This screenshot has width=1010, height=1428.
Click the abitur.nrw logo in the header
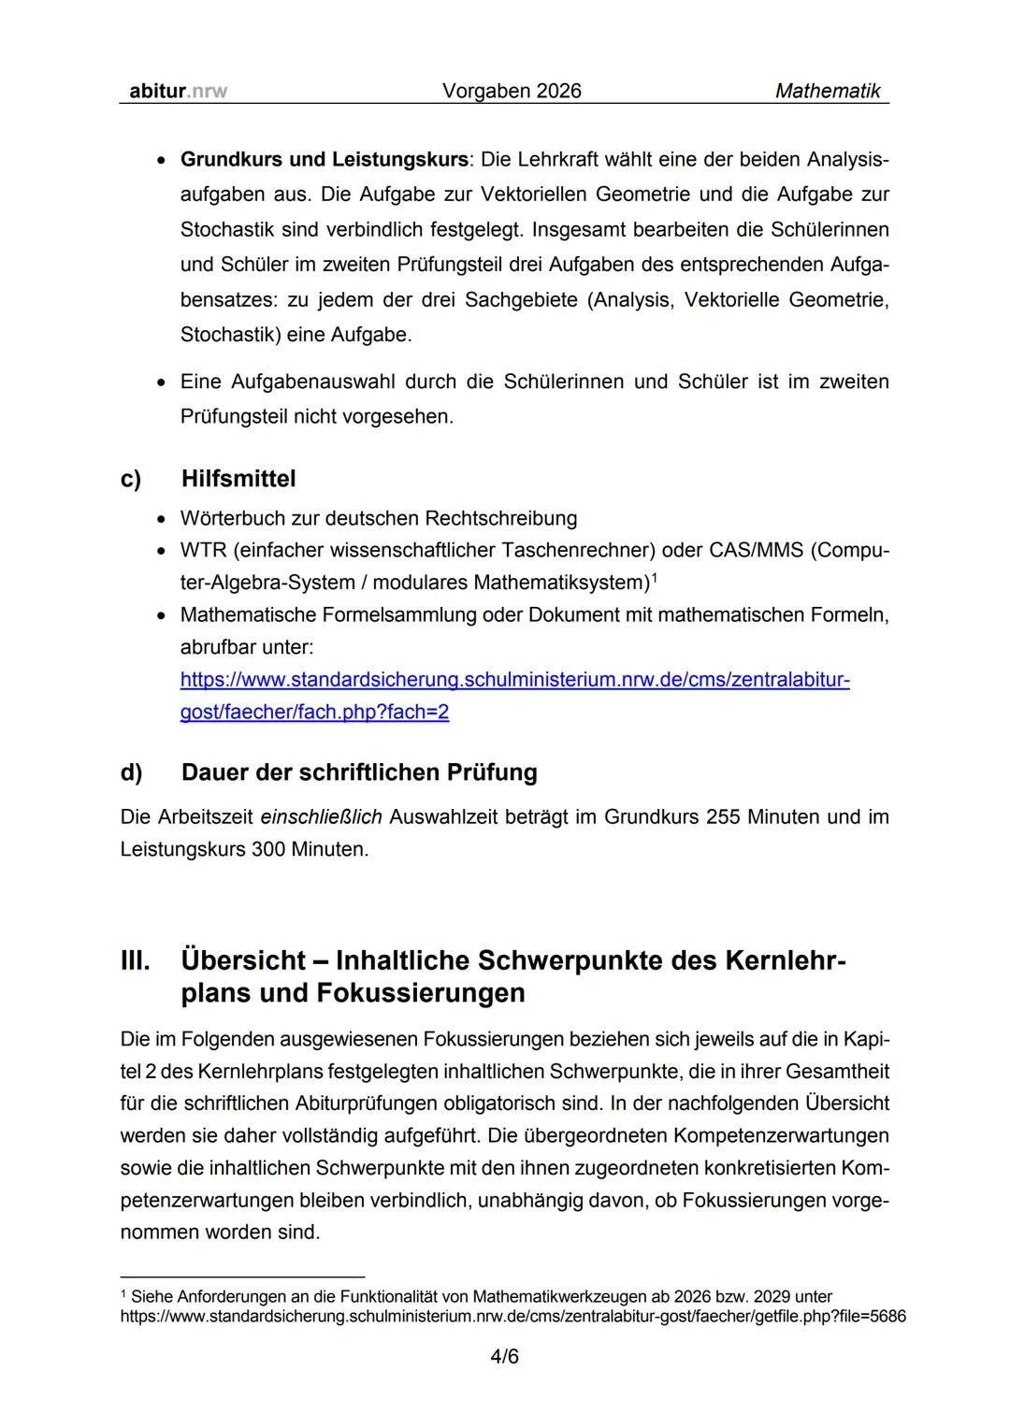174,91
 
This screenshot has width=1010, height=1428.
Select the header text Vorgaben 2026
511,91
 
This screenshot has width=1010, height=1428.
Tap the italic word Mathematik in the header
828,91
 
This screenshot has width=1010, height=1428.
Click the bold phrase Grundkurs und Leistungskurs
324,159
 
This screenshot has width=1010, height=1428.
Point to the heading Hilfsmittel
238,479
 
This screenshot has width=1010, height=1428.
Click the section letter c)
131,479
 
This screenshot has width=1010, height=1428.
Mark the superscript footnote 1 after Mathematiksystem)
655,577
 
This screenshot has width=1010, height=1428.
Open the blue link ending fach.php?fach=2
314,712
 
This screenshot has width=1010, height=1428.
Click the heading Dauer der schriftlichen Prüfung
359,772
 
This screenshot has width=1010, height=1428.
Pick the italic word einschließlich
321,817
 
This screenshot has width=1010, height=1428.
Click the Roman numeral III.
135,960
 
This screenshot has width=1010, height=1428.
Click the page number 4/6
504,1356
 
